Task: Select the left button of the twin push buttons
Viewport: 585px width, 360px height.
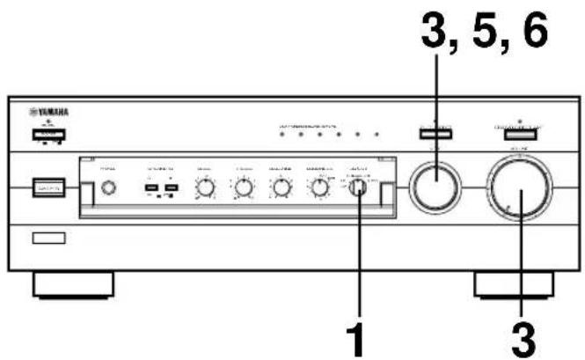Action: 151,189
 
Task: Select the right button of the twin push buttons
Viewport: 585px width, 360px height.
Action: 170,189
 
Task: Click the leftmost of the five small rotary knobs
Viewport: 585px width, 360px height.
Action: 206,187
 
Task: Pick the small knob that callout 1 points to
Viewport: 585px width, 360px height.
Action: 361,187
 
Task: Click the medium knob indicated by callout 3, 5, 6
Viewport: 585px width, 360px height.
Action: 435,187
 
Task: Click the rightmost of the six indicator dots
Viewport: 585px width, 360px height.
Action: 377,135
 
